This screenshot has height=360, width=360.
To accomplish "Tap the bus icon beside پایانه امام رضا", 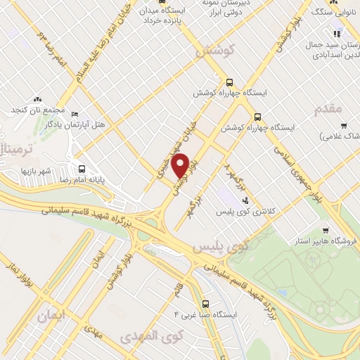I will pos(82,169).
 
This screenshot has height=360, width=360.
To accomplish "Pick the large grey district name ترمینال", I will pos(15,148).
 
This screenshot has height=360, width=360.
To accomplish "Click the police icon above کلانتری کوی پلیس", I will pos(236,202).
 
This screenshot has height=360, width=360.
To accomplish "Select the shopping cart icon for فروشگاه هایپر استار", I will pos(325,230).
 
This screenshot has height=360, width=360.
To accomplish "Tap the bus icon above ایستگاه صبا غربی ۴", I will pos(205,304).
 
